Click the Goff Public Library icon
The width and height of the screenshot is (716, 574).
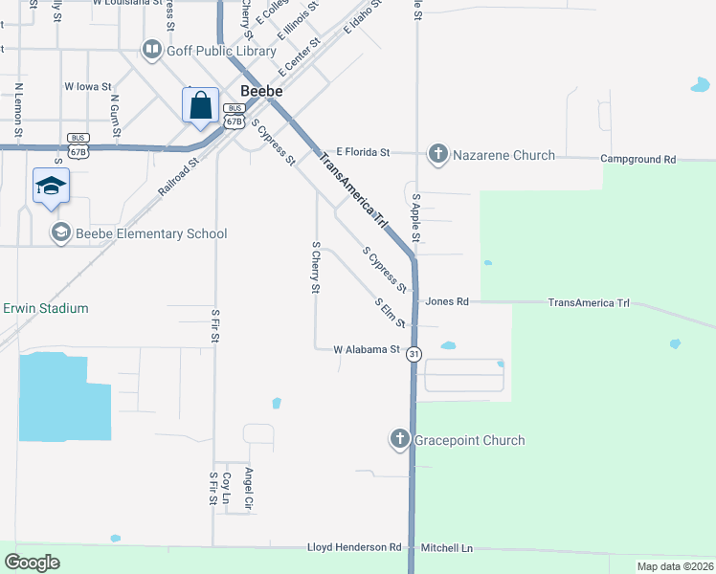pos(151,49)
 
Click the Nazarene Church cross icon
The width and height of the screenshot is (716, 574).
pos(438,154)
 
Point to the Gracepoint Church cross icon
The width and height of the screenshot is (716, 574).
pos(400,439)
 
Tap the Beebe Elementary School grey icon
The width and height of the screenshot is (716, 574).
pos(61,232)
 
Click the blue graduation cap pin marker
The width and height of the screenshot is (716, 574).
pos(51,187)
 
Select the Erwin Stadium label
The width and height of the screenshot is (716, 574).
pos(45,308)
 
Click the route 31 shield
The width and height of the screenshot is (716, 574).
pos(414,354)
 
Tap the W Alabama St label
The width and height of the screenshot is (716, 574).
pos(366,350)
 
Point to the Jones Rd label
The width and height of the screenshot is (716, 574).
pos(447,301)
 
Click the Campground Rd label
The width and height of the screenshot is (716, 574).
pos(638,159)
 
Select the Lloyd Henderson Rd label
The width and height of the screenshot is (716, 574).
pos(354,547)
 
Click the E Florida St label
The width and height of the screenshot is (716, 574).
pos(355,152)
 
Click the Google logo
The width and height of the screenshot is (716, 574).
pos(33,562)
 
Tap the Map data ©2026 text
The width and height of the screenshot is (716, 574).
pos(675,566)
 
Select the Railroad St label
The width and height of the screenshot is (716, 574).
pos(178,177)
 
